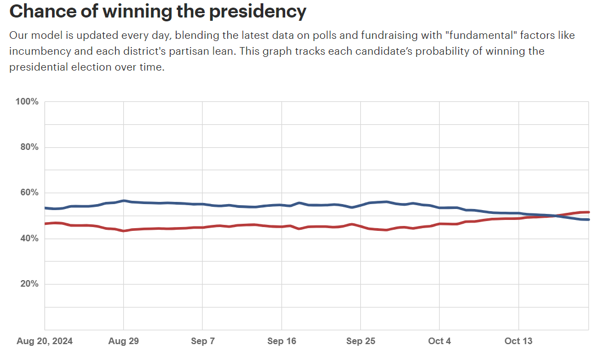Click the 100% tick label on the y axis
[26, 102]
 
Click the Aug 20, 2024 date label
[44, 341]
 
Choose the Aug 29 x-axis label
[123, 341]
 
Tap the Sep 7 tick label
[203, 341]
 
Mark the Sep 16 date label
[281, 341]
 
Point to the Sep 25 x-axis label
[361, 341]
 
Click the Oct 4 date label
[440, 341]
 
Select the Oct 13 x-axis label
[518, 341]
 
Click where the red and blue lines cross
[555, 216]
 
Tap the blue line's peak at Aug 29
[124, 201]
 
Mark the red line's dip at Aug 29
[124, 231]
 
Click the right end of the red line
[588, 212]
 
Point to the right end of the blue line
[588, 219]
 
